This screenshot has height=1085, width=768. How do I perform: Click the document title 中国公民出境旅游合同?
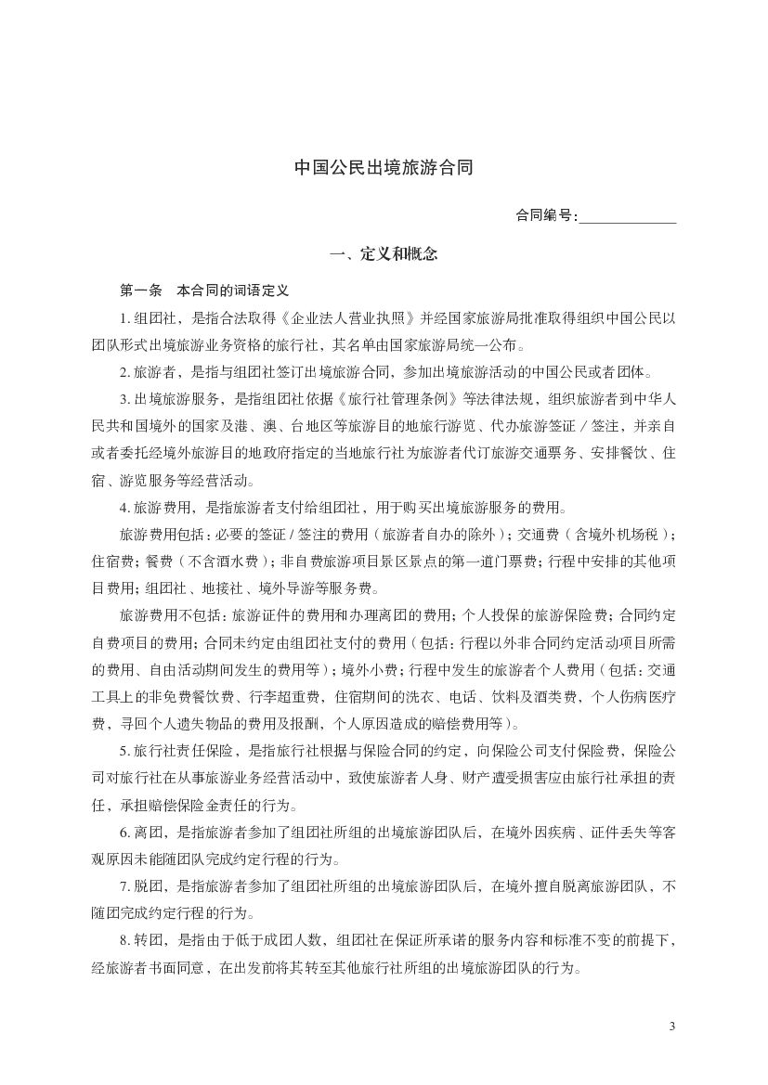[x=384, y=168]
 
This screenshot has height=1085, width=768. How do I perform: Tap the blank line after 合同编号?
[x=627, y=217]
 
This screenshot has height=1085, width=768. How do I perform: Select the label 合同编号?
[x=545, y=216]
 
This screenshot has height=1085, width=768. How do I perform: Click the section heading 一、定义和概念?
[x=384, y=253]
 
